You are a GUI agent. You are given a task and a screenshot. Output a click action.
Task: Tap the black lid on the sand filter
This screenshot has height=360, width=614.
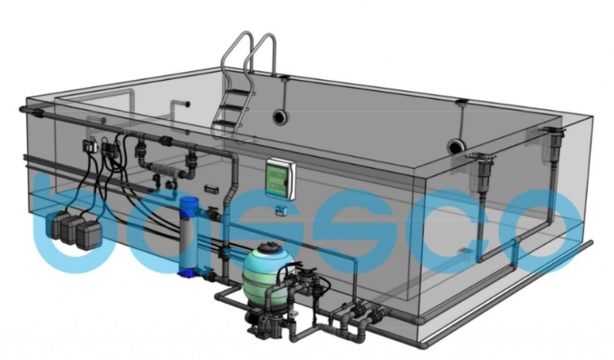(x=270, y=247)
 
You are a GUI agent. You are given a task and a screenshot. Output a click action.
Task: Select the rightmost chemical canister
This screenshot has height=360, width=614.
(x=89, y=233)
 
